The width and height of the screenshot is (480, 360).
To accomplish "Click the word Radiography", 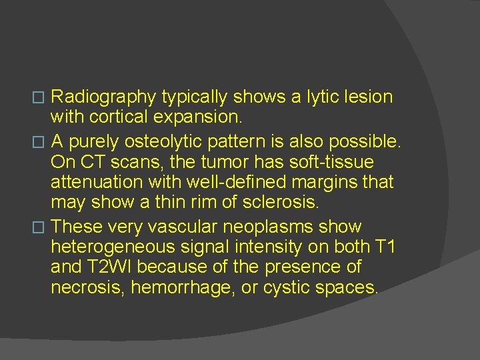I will (103, 97).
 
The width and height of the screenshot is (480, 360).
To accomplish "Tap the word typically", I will (193, 97).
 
